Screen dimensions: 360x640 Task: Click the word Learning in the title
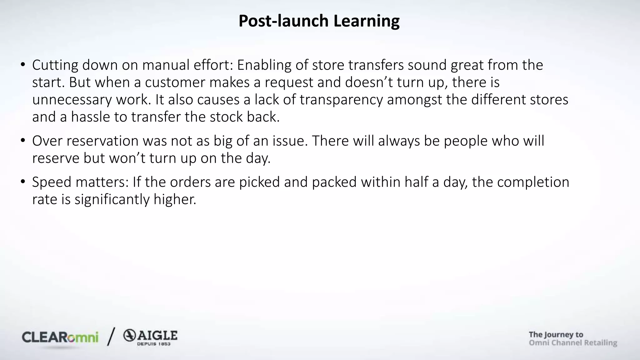tap(366, 21)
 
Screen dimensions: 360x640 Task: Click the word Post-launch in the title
tap(283, 21)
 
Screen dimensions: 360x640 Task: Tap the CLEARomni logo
tap(60, 337)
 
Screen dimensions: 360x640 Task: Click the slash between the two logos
tap(111, 337)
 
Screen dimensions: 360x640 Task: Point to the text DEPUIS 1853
tap(154, 344)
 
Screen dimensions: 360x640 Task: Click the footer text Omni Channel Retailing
tap(573, 343)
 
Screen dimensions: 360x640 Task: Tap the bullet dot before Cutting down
tap(23, 65)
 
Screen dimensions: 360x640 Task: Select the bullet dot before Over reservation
tap(23, 141)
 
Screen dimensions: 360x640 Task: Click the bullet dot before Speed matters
tap(23, 182)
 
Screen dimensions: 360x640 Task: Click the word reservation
tap(102, 141)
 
